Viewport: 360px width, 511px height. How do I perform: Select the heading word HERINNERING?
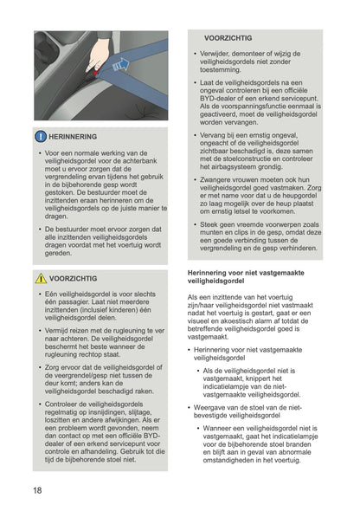tap(75, 137)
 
